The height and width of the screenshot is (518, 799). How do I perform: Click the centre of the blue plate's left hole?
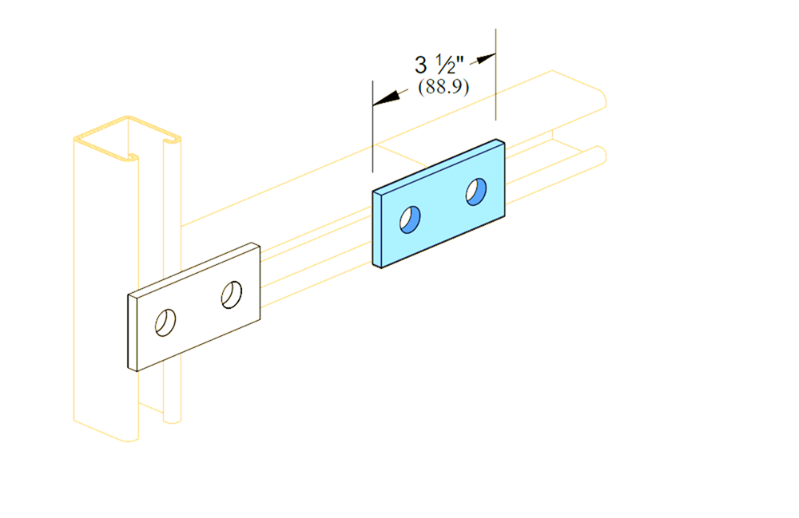(410, 219)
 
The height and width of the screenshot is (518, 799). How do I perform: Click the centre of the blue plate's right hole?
(476, 192)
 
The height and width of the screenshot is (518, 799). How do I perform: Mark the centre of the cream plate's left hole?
(165, 322)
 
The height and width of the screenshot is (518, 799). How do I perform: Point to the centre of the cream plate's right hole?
(232, 295)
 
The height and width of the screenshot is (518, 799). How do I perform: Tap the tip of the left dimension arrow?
(373, 105)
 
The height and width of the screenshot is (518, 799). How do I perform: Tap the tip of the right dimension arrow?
(495, 54)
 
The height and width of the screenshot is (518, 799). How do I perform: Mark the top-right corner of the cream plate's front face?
(260, 247)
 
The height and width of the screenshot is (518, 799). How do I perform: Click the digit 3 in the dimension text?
(420, 65)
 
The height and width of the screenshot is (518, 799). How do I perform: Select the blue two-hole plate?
(439, 204)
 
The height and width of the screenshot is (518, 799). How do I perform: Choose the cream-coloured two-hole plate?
(194, 306)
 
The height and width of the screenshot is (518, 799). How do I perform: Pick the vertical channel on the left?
(127, 279)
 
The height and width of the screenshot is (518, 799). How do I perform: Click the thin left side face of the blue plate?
(377, 230)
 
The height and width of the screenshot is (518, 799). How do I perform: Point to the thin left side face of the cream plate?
(133, 333)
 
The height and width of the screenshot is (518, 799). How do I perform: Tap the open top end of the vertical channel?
(127, 139)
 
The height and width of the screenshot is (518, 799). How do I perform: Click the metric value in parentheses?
(443, 87)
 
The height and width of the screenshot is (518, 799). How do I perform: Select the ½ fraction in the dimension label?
(445, 65)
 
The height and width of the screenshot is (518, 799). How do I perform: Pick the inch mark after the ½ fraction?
(460, 61)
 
